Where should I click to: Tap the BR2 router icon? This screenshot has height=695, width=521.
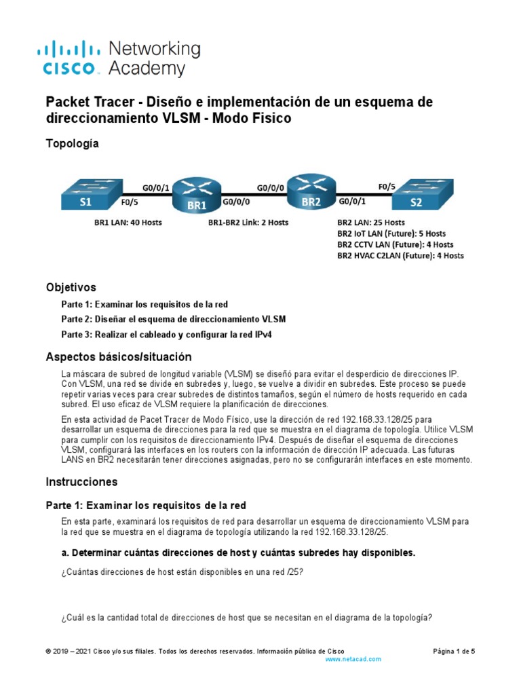[311, 193]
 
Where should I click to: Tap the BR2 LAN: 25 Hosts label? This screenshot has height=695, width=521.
[370, 223]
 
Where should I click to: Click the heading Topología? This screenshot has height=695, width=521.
[72, 144]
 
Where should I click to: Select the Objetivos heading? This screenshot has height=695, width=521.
[71, 287]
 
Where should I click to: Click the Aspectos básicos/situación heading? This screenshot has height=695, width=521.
[118, 357]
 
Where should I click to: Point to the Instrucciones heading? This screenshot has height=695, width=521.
[81, 482]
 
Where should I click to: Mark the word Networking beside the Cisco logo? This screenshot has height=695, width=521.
[155, 49]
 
